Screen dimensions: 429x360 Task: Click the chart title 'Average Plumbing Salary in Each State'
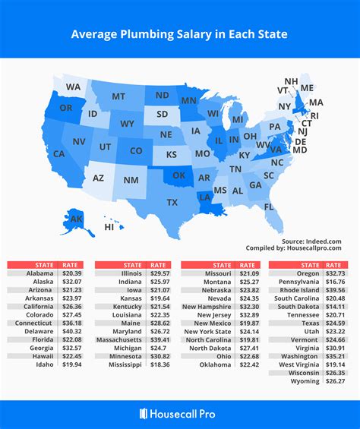pos(180,34)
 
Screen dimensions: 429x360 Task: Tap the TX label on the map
pos(172,202)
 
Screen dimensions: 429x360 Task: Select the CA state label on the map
pos(58,154)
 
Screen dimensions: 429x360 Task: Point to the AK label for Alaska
pos(77,219)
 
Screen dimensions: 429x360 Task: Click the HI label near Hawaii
pos(109,226)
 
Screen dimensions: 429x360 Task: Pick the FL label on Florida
pos(270,207)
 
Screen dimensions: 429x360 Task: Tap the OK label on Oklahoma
pos(179,175)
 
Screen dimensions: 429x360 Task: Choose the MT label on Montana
pos(118,96)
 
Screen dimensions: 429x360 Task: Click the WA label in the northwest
pos(73,87)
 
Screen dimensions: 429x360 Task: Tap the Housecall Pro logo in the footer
pos(180,413)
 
